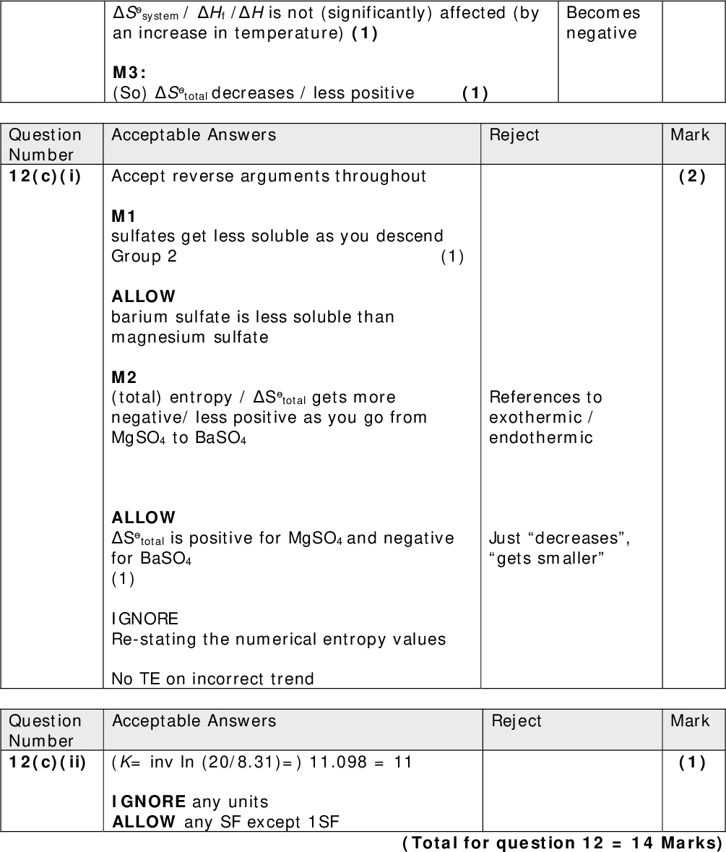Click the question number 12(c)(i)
tap(45, 176)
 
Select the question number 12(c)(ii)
tap(47, 762)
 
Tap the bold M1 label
tap(124, 216)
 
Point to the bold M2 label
tap(124, 377)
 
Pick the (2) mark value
tap(692, 176)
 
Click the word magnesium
tap(150, 337)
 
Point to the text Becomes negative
tap(602, 23)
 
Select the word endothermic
tap(540, 437)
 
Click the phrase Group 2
tap(144, 257)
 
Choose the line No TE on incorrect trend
tap(212, 679)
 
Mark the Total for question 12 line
tap(561, 843)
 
